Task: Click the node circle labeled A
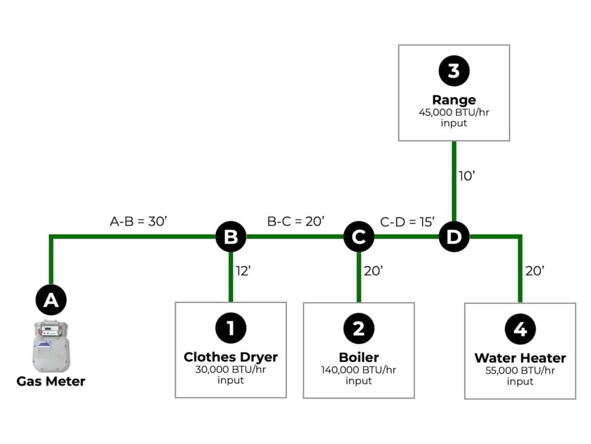51,300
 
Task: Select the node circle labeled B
230,237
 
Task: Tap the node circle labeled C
359,237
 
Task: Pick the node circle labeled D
454,237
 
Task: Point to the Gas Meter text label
51,381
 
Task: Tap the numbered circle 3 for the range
454,71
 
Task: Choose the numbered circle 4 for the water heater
520,329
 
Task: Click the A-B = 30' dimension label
138,221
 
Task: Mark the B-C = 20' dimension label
295,221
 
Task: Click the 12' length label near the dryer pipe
243,271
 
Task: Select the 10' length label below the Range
467,176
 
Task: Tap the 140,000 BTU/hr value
359,370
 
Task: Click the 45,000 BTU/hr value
454,112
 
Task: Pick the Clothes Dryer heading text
230,356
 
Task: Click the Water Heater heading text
520,358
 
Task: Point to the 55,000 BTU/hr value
520,371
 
